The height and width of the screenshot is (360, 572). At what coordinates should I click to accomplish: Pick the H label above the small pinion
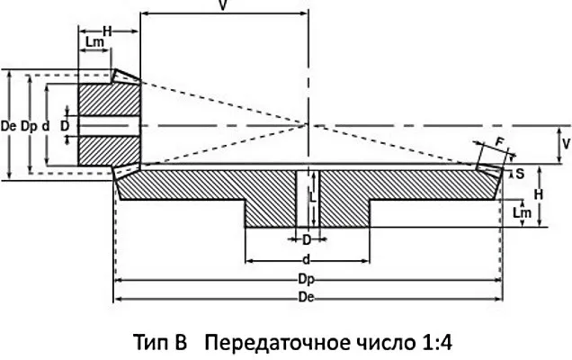coord(106,31)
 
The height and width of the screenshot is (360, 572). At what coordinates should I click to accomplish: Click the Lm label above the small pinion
coord(93,44)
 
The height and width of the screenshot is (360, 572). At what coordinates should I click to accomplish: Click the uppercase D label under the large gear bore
coord(306,240)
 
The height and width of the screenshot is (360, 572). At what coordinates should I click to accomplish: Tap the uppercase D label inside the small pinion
coord(64,127)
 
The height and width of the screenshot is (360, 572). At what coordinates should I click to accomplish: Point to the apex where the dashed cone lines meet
coord(308,124)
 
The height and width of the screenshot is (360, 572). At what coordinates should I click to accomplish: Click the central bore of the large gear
coord(308,198)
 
